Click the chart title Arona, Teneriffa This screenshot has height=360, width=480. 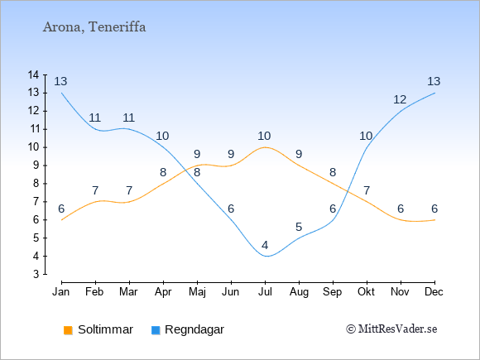(94, 27)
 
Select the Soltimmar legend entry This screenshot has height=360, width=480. (98, 329)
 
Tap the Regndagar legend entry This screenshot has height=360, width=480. (188, 329)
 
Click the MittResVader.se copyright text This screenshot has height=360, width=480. (391, 329)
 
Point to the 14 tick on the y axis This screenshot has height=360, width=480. (33, 74)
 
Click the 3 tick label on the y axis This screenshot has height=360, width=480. (36, 274)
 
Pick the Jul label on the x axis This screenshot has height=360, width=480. (265, 292)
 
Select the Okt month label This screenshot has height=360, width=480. (366, 292)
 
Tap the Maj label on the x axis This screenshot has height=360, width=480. (197, 292)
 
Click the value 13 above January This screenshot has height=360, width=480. (60, 81)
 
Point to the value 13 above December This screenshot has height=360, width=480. (434, 81)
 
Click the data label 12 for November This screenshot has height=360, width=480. (400, 99)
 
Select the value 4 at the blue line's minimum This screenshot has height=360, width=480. (265, 245)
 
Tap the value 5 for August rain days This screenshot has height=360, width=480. (299, 227)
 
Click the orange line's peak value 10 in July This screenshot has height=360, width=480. (264, 136)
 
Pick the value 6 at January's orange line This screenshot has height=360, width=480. (61, 209)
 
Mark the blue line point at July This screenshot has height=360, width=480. (265, 256)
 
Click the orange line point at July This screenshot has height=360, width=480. (265, 147)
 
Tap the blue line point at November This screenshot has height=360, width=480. (401, 111)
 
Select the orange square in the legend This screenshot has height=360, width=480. (68, 330)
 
